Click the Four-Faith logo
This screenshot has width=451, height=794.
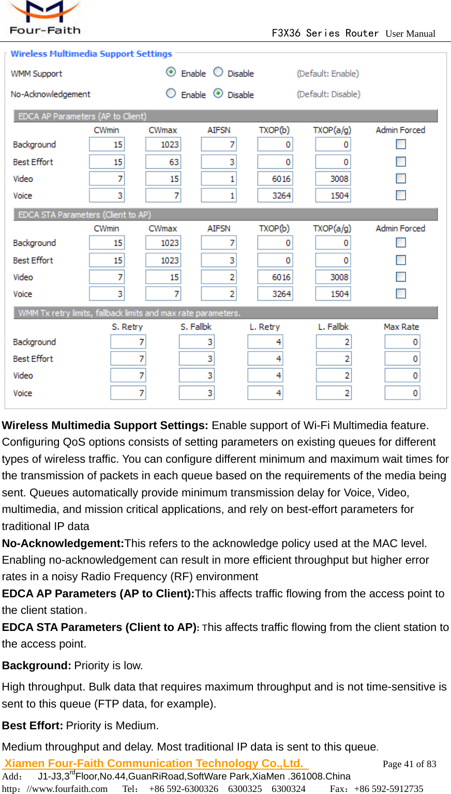[44, 18]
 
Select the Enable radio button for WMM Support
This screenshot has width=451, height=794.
[171, 72]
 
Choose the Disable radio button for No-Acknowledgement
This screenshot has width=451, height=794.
[218, 93]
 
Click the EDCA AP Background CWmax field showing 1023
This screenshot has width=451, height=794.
[163, 144]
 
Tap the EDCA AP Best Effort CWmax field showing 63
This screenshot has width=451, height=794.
[163, 162]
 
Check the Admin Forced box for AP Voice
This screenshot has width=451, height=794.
[401, 195]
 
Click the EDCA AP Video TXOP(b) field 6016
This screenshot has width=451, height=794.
[275, 179]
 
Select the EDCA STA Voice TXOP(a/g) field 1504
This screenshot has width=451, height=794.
[333, 294]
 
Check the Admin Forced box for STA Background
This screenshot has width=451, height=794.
[401, 242]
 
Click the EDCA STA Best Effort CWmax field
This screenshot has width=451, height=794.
[163, 260]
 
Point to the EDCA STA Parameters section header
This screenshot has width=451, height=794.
[84, 215]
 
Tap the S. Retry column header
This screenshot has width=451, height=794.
[127, 327]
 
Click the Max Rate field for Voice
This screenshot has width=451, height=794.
[402, 393]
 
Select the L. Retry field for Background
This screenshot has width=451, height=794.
[265, 342]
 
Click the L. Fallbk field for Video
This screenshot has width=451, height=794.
[334, 375]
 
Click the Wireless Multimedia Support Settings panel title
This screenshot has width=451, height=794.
[91, 54]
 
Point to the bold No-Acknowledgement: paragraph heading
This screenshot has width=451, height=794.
[63, 543]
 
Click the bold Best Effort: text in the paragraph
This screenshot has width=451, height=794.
[33, 726]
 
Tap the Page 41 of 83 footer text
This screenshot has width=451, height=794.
[409, 764]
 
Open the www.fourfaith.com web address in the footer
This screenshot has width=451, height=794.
[67, 789]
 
